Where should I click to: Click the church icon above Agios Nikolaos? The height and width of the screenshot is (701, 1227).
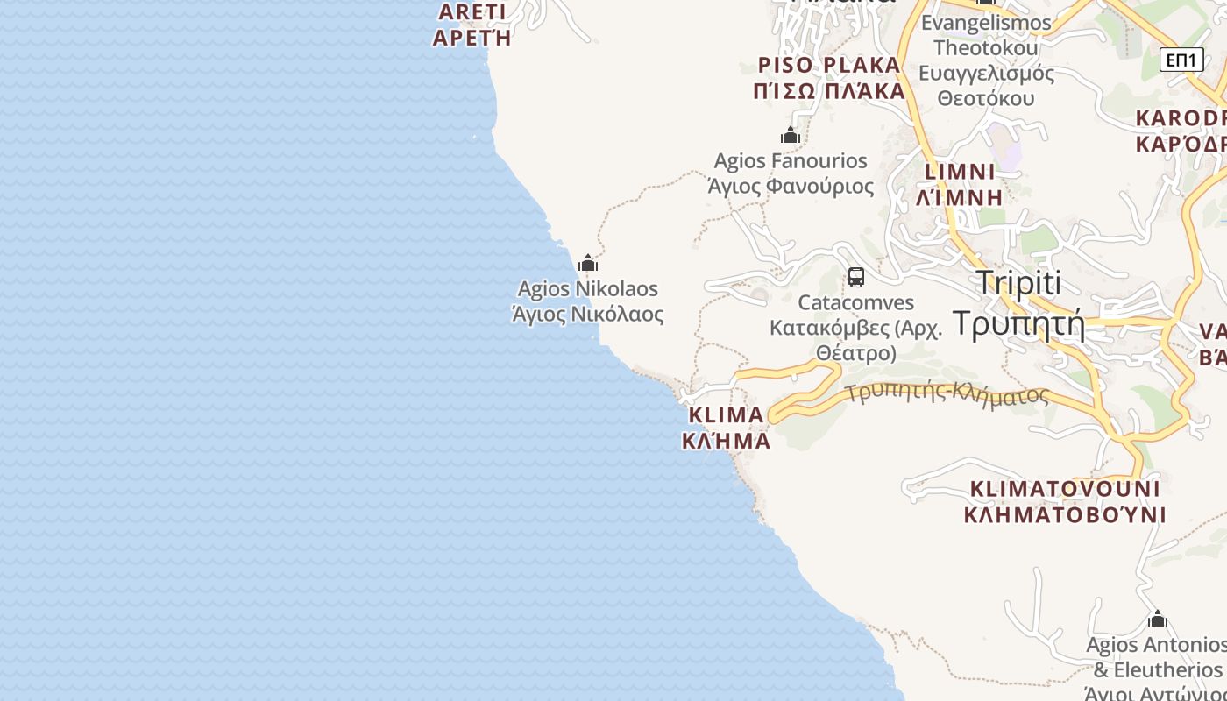588,263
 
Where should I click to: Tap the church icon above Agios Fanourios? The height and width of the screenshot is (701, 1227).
791,135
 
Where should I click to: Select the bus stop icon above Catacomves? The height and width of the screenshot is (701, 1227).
856,277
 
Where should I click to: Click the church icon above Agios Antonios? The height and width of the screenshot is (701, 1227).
1158,620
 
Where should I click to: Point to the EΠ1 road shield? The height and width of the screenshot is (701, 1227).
1181,60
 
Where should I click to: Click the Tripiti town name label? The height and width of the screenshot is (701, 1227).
1018,283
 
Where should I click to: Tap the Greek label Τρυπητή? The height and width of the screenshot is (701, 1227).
1018,323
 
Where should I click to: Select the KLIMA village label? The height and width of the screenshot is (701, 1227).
727,414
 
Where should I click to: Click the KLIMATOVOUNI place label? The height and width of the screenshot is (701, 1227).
1065,488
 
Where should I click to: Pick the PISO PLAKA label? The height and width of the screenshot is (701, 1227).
829,65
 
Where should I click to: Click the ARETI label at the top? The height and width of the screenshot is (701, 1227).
472,11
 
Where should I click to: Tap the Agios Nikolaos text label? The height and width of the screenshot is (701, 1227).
588,288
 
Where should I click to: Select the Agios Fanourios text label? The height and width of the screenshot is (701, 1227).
791,160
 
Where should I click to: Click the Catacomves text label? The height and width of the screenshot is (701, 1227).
856,302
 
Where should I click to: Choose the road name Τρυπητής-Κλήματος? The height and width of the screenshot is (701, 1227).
947,393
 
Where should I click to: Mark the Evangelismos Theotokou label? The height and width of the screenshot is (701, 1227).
986,35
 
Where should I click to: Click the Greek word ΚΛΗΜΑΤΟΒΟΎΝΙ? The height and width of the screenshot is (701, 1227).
1065,514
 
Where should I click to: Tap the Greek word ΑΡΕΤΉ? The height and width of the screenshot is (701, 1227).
472,38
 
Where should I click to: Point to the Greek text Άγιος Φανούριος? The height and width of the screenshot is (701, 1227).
791,186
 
